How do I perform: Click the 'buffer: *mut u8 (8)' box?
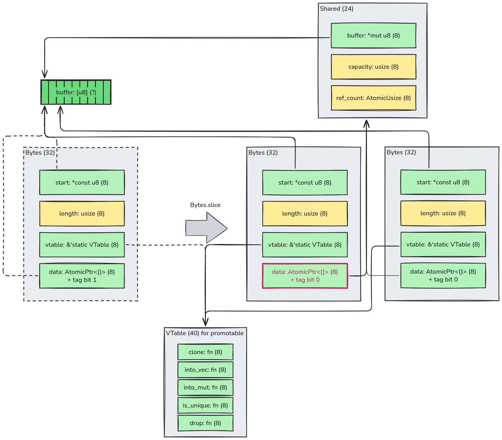point(374,36)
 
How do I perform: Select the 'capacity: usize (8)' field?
point(374,67)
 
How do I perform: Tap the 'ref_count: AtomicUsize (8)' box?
point(374,98)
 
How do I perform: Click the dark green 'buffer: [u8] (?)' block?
point(76,92)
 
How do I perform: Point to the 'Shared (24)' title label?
point(337,9)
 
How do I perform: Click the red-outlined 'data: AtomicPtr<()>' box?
point(305,276)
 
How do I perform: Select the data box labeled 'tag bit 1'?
point(82,276)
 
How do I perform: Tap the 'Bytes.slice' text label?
point(205,205)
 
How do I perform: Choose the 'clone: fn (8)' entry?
point(206,352)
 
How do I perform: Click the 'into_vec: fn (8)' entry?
point(206,370)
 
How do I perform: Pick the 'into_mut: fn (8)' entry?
point(206,388)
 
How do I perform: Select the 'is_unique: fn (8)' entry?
point(206,406)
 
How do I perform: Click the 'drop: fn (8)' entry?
point(206,423)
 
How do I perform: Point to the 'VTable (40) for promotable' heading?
point(205,333)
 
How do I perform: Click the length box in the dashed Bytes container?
point(82,214)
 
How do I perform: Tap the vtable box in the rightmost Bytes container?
point(443,245)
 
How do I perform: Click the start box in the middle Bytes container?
point(305,183)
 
